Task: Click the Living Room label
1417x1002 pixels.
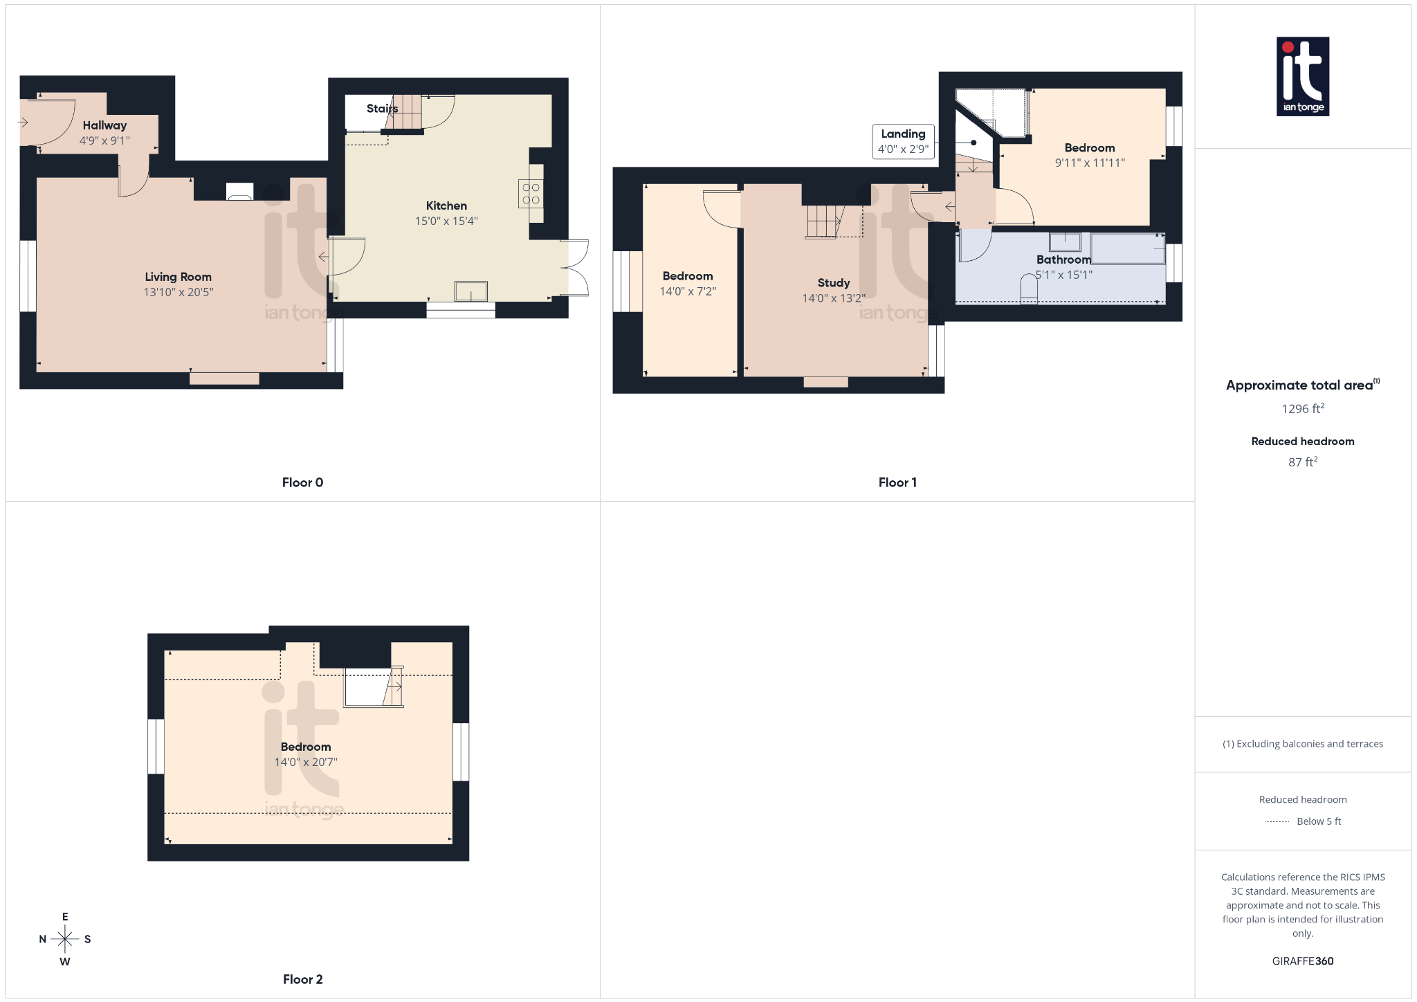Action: pos(178,277)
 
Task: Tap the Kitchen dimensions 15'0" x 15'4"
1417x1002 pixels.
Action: pos(446,221)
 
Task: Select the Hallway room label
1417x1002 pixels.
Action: pos(104,125)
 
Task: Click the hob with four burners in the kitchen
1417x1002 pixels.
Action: pos(531,194)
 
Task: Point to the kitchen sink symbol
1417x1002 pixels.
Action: pos(470,291)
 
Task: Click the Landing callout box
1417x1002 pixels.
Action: pos(903,141)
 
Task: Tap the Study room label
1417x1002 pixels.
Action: pos(833,283)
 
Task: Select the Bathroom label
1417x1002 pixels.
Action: pos(1063,259)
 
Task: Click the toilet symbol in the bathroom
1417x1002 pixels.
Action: pos(1029,289)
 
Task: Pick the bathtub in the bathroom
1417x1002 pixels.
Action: pos(1128,248)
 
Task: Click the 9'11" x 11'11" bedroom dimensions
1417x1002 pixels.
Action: pos(1090,163)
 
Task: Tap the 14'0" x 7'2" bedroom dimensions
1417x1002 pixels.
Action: pos(688,292)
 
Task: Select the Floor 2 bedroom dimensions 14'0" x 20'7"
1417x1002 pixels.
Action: pos(306,763)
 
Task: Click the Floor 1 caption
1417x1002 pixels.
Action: pos(897,482)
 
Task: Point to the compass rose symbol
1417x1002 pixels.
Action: pos(65,939)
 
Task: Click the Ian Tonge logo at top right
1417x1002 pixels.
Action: pos(1302,76)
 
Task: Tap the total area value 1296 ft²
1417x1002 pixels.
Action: pos(1302,409)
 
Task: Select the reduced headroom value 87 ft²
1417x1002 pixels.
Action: pos(1302,462)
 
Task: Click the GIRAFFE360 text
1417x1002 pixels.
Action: pos(1302,961)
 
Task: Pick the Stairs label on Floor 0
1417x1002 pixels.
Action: pos(382,109)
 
